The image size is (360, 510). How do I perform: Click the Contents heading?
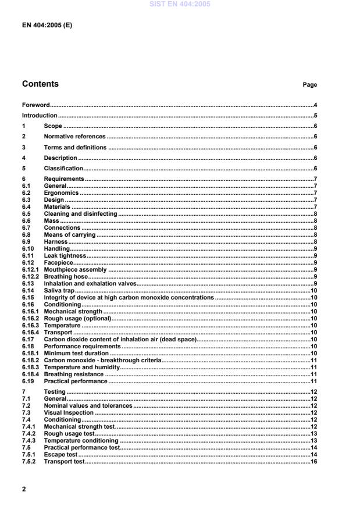tap(40, 84)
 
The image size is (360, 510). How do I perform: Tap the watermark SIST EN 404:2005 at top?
tap(180, 4)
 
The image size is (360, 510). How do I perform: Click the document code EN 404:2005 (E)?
tap(47, 26)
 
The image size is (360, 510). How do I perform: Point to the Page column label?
tap(309, 85)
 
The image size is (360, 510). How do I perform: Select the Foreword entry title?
tap(35, 105)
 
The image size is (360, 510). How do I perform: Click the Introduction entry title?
tap(40, 115)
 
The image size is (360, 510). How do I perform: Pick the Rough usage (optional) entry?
tap(77, 318)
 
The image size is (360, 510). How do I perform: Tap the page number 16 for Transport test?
tap(313, 461)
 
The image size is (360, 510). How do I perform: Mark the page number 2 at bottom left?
tap(24, 489)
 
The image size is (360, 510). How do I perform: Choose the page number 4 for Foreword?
tap(315, 105)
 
